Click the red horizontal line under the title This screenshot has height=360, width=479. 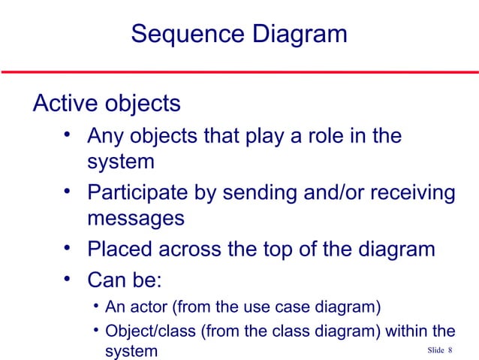239,73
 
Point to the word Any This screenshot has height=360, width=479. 107,137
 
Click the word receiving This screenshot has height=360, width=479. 417,193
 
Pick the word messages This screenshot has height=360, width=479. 135,219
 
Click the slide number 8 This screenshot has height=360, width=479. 450,351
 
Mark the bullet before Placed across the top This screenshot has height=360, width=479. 68,248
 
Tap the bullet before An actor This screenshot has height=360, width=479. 96,306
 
